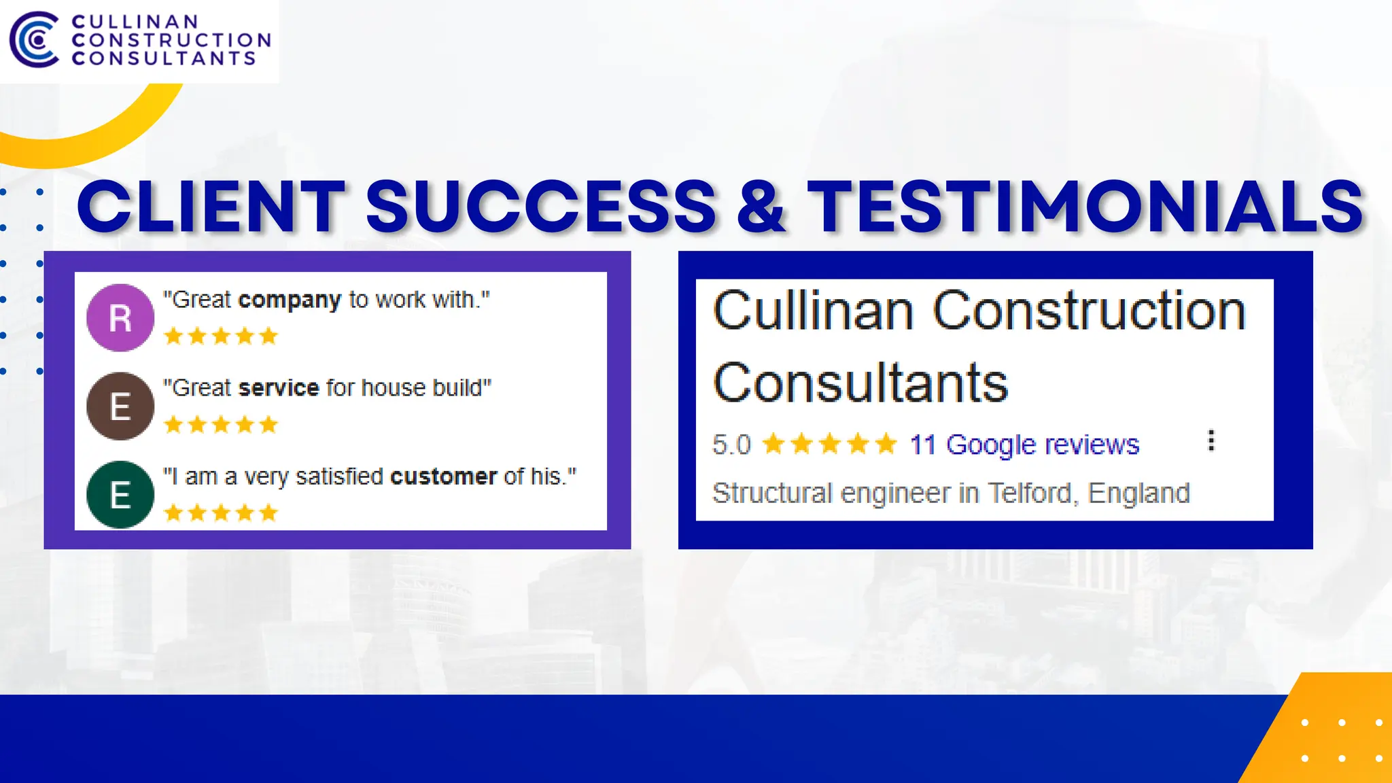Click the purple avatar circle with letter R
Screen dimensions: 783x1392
[x=120, y=317]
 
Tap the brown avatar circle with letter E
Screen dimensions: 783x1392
[x=120, y=406]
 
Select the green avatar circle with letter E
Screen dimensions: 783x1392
[x=120, y=494]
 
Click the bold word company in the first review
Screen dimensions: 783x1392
[x=290, y=300]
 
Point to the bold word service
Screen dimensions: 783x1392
[x=279, y=388]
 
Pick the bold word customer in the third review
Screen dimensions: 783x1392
[x=443, y=476]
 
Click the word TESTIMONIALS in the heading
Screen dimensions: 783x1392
[x=1085, y=206]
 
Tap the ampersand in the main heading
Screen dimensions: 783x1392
[x=761, y=206]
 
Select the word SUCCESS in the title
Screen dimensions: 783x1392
[x=541, y=206]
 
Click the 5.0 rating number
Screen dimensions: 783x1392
[x=731, y=445]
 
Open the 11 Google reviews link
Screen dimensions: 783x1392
[x=1024, y=445]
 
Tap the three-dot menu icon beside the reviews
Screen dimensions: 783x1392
[x=1211, y=440]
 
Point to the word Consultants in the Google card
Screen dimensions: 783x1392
[x=860, y=383]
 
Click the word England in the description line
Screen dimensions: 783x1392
[x=1138, y=493]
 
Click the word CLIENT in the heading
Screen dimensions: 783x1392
[x=211, y=206]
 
